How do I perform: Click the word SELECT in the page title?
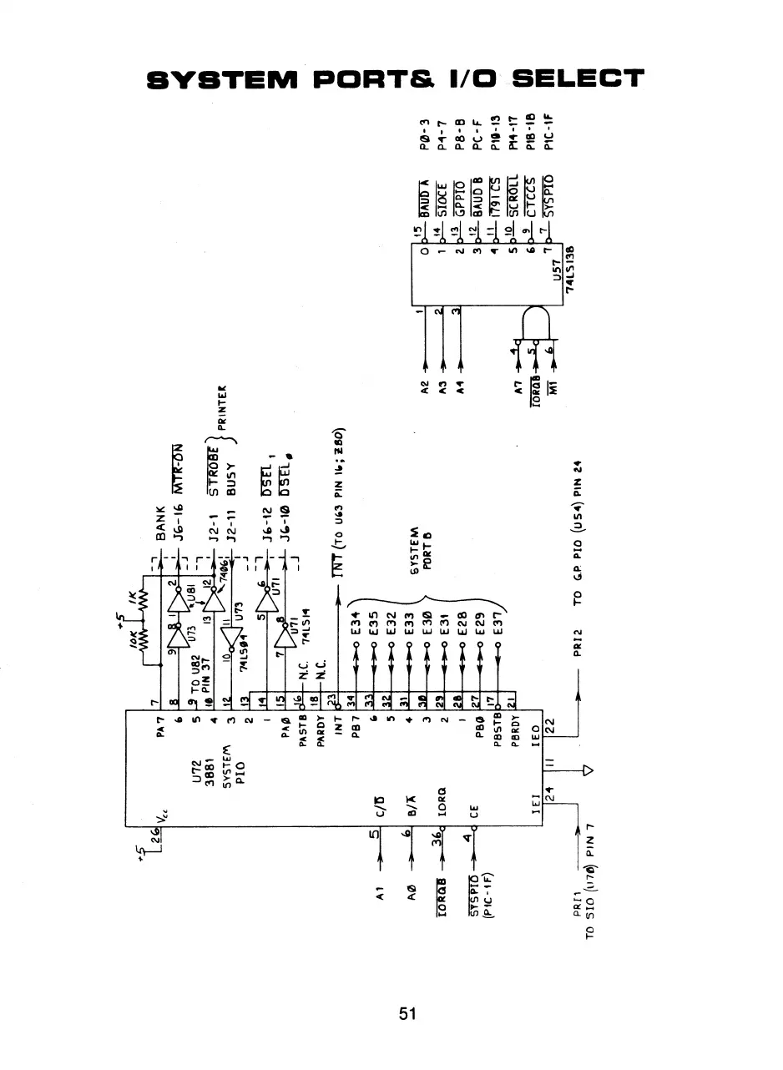click(577, 79)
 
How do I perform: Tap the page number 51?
click(407, 1014)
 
